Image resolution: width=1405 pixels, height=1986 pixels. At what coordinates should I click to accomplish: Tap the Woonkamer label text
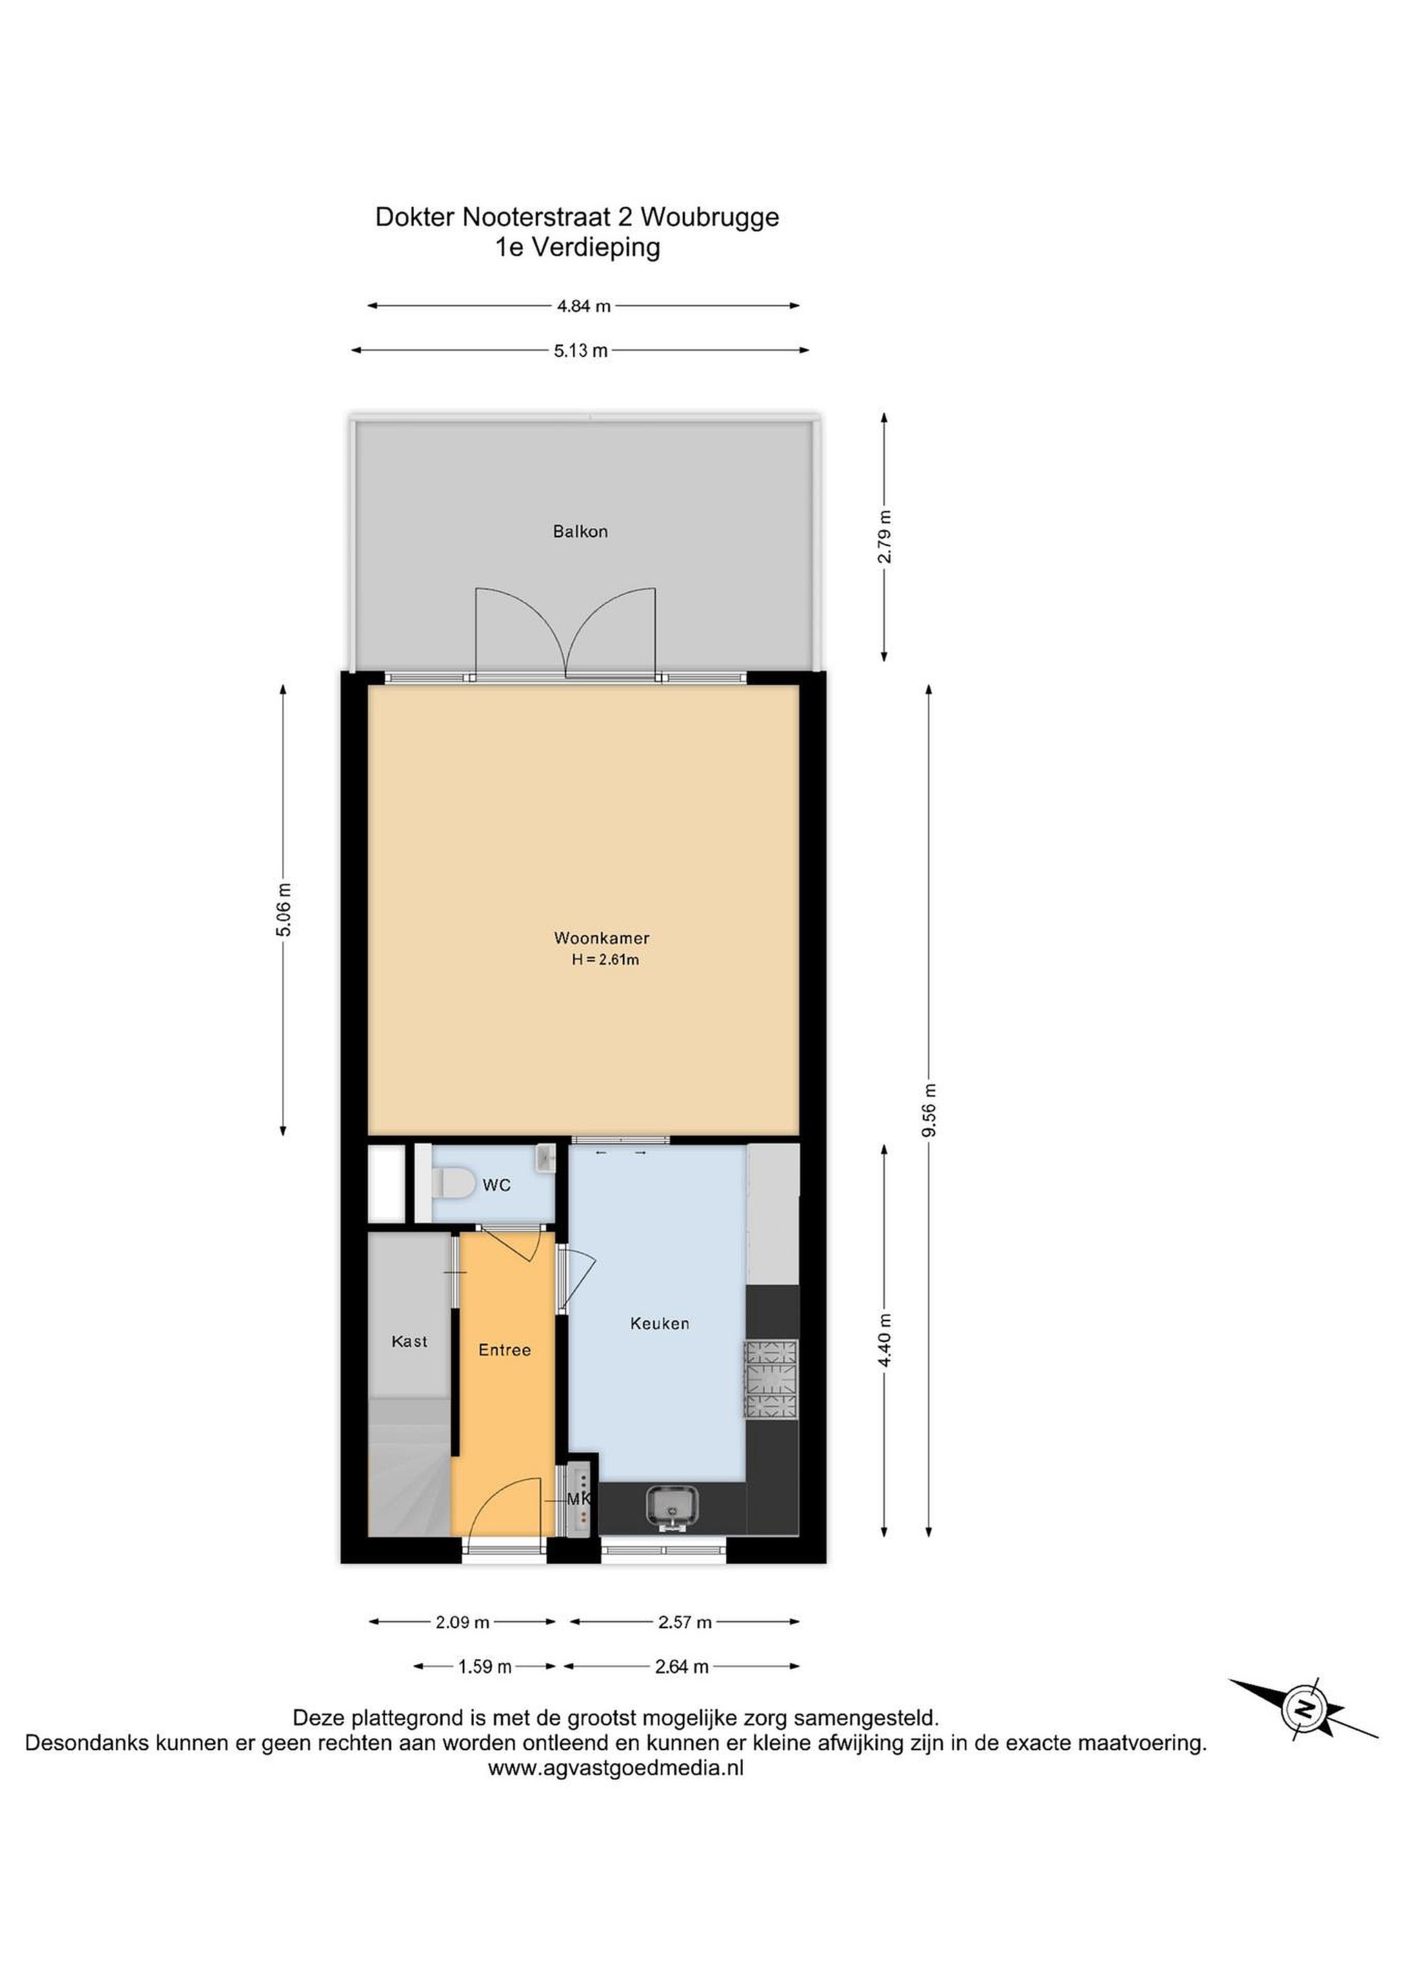pyautogui.click(x=601, y=938)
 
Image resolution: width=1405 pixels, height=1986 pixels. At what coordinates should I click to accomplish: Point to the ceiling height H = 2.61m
pyautogui.click(x=605, y=959)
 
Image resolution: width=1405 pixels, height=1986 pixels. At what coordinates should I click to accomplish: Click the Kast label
pyautogui.click(x=409, y=1342)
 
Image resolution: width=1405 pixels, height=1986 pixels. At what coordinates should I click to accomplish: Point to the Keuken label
pyautogui.click(x=659, y=1323)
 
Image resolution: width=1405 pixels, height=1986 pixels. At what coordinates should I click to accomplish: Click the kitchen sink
pyautogui.click(x=673, y=1507)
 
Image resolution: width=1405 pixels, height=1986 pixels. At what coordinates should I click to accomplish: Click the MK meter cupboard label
pyautogui.click(x=579, y=1499)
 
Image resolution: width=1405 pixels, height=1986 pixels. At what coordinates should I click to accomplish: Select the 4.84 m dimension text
pyautogui.click(x=584, y=306)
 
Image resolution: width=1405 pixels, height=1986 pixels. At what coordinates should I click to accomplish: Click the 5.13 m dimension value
pyautogui.click(x=581, y=351)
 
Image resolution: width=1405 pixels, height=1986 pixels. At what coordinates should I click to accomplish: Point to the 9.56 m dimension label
pyautogui.click(x=929, y=1111)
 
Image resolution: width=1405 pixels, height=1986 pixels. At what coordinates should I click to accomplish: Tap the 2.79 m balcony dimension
pyautogui.click(x=884, y=537)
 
